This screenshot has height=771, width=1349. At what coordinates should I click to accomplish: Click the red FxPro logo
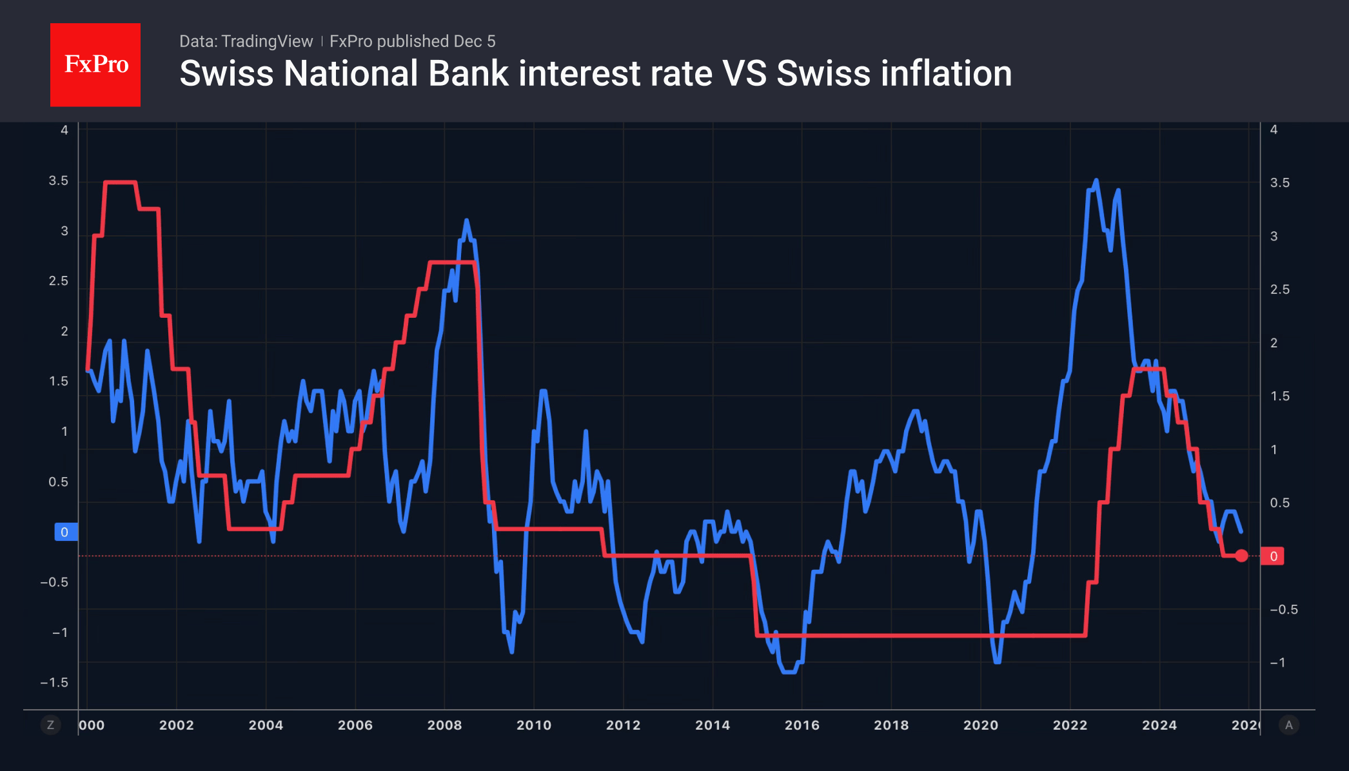click(95, 64)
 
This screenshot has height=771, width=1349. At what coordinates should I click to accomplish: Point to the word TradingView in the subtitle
click(266, 41)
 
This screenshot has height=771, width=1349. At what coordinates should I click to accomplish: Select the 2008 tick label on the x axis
click(444, 725)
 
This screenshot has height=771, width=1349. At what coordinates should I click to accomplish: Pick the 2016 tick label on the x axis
click(802, 725)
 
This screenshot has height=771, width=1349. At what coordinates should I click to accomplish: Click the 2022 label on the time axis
click(1070, 725)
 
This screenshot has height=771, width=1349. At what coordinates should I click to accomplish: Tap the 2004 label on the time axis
click(266, 725)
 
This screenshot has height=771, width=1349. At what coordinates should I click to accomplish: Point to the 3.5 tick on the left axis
click(58, 181)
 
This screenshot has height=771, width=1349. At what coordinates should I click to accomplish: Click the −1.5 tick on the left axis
click(54, 683)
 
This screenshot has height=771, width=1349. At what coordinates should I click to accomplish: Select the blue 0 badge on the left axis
click(65, 532)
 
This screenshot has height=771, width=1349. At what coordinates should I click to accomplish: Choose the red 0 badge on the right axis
click(1273, 556)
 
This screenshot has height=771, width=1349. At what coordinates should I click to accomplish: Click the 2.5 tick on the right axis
click(1279, 289)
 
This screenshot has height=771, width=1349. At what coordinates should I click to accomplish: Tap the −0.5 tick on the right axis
click(1283, 609)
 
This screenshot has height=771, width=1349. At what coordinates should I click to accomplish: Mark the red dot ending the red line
click(1241, 556)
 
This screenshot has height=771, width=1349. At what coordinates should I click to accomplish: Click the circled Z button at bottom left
click(50, 725)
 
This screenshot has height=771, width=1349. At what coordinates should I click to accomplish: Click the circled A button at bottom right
click(1288, 725)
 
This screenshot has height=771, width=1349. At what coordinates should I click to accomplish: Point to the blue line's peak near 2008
click(466, 220)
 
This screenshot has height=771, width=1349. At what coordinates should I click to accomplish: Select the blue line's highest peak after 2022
click(1096, 181)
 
